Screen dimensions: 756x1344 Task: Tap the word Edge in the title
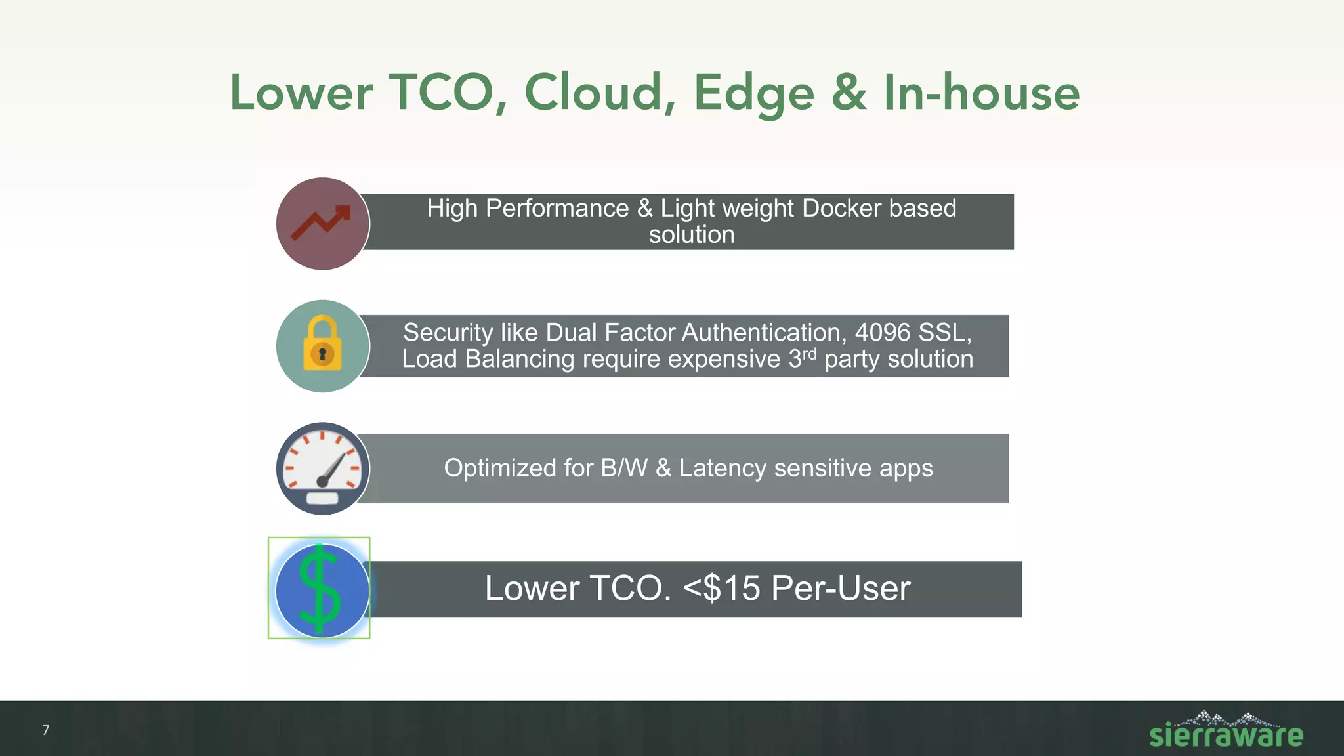click(754, 93)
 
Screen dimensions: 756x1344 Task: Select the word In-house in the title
click(981, 93)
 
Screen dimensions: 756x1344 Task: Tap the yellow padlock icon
click(322, 345)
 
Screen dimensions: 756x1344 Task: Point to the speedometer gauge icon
click(322, 469)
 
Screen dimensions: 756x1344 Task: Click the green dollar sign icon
click(320, 589)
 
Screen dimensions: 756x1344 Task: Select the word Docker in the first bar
click(841, 208)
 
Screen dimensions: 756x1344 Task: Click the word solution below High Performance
click(691, 235)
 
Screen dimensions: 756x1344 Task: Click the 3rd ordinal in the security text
click(802, 358)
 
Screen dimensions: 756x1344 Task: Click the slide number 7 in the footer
click(45, 730)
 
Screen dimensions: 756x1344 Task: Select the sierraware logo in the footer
click(1225, 730)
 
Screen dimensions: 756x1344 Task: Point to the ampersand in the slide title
click(849, 93)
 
